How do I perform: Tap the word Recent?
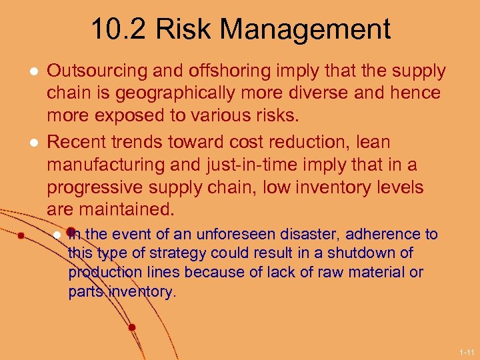pos(74,142)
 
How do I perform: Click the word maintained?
pos(127,209)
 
